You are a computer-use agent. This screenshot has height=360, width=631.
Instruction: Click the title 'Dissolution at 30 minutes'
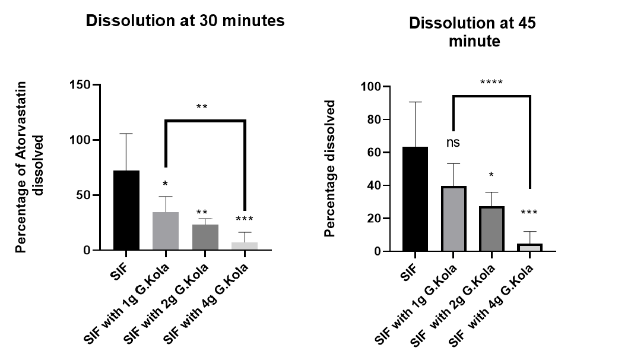(x=185, y=21)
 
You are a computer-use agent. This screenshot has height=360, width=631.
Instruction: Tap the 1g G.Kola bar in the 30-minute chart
(x=166, y=231)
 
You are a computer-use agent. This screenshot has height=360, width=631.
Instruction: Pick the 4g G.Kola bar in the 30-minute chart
(x=245, y=246)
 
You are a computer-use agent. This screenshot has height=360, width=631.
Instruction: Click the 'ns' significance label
(x=453, y=143)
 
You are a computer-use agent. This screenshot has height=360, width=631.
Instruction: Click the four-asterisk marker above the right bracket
(x=491, y=82)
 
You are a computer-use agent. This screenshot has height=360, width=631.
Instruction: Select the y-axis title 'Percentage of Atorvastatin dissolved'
(x=30, y=166)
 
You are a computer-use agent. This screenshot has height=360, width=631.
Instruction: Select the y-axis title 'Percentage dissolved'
(x=331, y=169)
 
